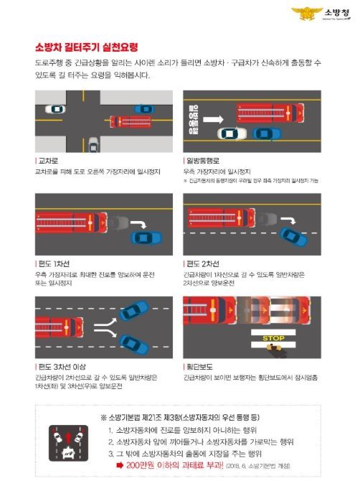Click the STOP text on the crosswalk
pos(273,337)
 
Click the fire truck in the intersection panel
pos(130,121)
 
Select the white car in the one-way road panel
pos(232,134)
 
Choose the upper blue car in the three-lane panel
pos(134,310)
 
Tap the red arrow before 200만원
pos(119,465)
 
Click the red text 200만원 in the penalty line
pos(143,465)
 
